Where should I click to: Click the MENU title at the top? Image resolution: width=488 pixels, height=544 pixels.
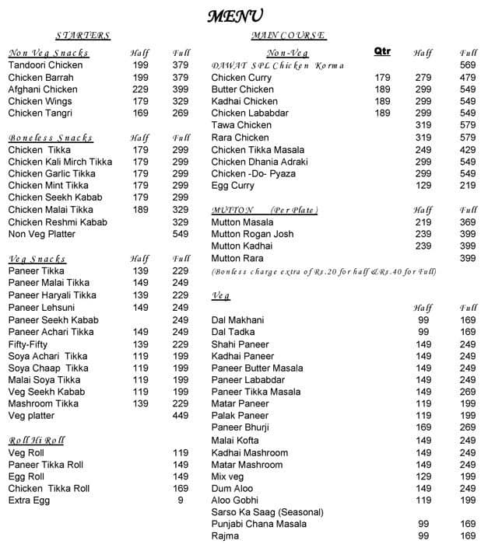pyautogui.click(x=234, y=16)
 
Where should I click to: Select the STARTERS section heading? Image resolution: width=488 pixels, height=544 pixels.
pyautogui.click(x=83, y=36)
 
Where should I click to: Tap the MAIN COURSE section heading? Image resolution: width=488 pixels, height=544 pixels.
pyautogui.click(x=289, y=36)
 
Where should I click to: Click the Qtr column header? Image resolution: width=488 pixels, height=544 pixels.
pyautogui.click(x=382, y=51)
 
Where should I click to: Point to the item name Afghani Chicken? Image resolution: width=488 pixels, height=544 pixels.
pyautogui.click(x=43, y=89)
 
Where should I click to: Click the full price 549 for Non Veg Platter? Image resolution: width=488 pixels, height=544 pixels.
pyautogui.click(x=181, y=234)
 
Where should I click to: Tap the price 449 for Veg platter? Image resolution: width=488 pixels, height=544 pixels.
pyautogui.click(x=181, y=416)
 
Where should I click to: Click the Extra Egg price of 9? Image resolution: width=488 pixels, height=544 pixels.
pyautogui.click(x=181, y=500)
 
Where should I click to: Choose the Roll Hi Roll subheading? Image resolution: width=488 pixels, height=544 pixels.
pyautogui.click(x=36, y=441)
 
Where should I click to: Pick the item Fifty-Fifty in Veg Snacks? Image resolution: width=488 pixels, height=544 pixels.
pyautogui.click(x=29, y=343)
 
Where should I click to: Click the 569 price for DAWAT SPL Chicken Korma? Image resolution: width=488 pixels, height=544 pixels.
pyautogui.click(x=468, y=65)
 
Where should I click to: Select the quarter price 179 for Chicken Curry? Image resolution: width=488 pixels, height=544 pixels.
pyautogui.click(x=382, y=78)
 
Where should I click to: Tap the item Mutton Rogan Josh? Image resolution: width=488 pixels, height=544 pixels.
pyautogui.click(x=252, y=234)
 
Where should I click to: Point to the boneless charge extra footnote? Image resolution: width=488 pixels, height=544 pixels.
pyautogui.click(x=324, y=271)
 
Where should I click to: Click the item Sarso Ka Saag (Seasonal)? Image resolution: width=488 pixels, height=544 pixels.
pyautogui.click(x=267, y=513)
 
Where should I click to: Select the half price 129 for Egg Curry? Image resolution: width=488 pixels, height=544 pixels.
pyautogui.click(x=423, y=186)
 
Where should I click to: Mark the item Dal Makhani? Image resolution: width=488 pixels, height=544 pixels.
pyautogui.click(x=237, y=320)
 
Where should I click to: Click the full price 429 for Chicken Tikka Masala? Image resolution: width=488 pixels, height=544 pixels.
pyautogui.click(x=468, y=149)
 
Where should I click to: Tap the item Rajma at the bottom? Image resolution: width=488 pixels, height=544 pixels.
pyautogui.click(x=225, y=536)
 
